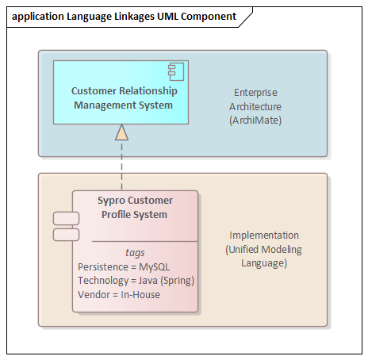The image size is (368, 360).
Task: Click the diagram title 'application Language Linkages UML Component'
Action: pos(124,17)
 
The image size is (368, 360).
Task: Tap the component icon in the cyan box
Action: pos(176,71)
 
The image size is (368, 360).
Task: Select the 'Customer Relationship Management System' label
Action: pos(124,98)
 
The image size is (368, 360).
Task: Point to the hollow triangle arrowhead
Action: pos(121,132)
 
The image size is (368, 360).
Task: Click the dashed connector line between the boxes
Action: pos(121,165)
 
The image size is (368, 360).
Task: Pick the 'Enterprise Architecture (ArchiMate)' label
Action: pos(255,106)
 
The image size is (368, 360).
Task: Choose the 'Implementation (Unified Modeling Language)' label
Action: pos(264,249)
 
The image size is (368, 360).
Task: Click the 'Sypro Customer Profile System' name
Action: pos(135,208)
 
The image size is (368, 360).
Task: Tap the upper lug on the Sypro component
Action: pos(66,218)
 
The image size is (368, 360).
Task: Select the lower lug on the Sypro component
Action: pos(66,235)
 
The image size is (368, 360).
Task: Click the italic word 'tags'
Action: pos(135,253)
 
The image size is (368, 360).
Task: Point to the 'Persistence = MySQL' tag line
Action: pos(124,267)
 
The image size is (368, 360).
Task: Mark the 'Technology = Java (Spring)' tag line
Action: pos(136,281)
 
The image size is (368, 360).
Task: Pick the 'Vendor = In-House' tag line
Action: pos(119,295)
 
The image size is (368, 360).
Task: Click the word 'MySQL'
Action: pos(155,267)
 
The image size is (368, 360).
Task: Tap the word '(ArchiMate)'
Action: pos(255,121)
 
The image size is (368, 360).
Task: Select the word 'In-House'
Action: pos(140,295)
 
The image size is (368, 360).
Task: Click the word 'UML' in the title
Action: pos(168,17)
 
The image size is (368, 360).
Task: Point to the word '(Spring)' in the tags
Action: pos(178,281)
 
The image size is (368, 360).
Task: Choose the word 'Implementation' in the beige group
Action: pos(264,236)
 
